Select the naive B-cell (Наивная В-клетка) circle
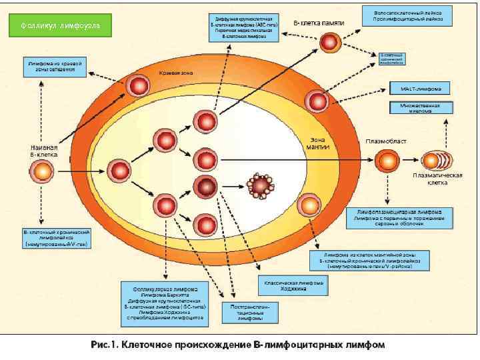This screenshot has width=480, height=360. point(41,172)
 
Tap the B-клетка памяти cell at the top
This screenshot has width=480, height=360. point(329,43)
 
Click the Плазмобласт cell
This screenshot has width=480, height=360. point(386,160)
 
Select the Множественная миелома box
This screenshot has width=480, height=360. point(420,108)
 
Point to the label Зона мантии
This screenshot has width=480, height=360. point(317,143)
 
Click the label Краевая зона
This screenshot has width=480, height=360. point(175,73)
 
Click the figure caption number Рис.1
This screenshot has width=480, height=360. point(103,345)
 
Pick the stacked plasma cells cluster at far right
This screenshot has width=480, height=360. point(435,161)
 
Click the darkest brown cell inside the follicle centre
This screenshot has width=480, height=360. point(203,186)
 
